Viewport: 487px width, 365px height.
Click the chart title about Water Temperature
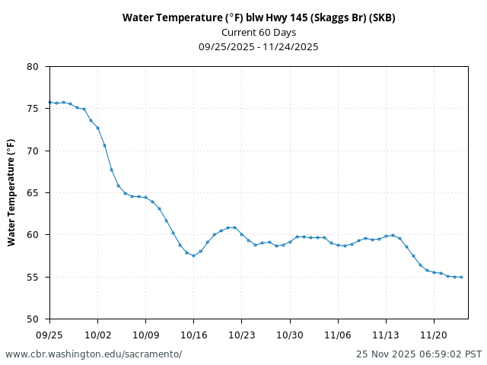coord(259,17)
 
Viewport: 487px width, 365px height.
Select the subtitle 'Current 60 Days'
coord(259,32)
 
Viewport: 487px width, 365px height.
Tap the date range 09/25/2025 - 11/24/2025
coord(259,46)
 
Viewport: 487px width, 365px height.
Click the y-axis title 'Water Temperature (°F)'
coord(11,192)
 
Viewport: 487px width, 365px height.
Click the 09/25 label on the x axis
coord(49,334)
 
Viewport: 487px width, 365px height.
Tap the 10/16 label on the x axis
coord(193,334)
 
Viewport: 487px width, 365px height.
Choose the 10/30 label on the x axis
coord(289,334)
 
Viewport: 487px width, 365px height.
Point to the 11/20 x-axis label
coord(434,334)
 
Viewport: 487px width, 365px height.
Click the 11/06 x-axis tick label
coord(338,334)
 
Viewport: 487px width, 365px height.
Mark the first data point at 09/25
coord(49,103)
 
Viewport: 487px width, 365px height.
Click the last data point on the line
coord(461,277)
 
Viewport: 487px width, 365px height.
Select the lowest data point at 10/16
coord(193,255)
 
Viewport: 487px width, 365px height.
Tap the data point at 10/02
coord(97,128)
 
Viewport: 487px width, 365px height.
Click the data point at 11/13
coord(386,236)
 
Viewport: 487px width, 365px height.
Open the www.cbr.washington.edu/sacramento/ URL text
coord(94,354)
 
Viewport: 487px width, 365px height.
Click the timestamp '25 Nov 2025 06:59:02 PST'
coord(419,354)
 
